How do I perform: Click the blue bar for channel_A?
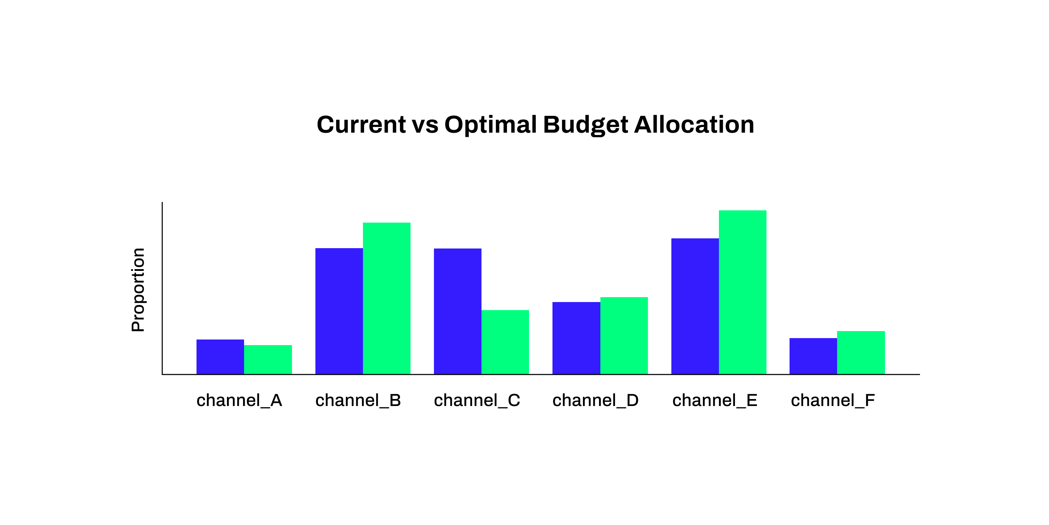220,357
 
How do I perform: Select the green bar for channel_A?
268,359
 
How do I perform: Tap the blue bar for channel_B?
339,311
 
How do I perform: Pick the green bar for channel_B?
386,298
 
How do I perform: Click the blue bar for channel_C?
458,311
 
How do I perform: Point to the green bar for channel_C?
505,342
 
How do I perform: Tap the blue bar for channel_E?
695,306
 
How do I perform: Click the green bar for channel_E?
742,292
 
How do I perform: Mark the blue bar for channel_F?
813,356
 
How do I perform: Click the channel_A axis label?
240,400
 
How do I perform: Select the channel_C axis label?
477,400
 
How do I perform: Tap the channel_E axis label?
715,400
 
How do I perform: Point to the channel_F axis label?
833,400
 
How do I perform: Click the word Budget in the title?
585,125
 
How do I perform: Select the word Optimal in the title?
491,125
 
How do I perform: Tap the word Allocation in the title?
694,125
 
